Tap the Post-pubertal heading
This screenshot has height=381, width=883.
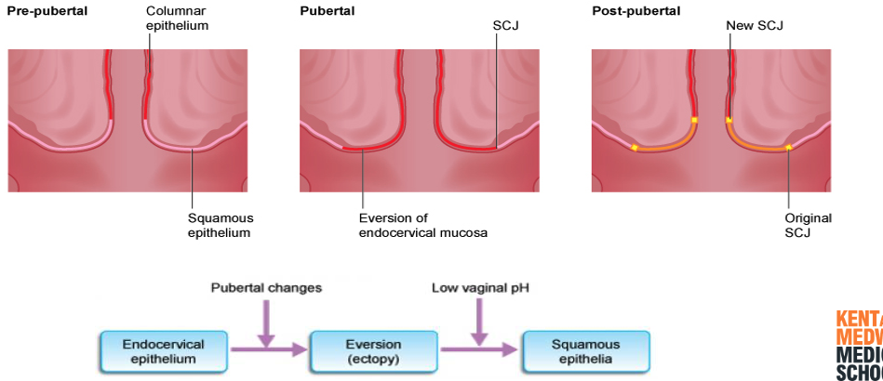(635, 10)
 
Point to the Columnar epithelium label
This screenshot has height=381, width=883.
(177, 19)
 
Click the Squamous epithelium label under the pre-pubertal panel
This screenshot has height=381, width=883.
(220, 225)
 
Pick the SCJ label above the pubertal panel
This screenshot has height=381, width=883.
(505, 25)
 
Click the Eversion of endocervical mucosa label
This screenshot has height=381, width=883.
(422, 225)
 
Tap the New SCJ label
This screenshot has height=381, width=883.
(755, 25)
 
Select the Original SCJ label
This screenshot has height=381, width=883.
(808, 225)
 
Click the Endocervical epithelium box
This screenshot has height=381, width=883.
(163, 350)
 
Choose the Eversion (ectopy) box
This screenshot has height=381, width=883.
(372, 350)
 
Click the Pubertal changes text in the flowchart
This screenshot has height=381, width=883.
(266, 288)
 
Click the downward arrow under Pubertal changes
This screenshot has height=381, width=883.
(266, 325)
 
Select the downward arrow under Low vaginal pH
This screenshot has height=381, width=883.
(480, 325)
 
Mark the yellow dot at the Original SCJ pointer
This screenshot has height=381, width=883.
(788, 147)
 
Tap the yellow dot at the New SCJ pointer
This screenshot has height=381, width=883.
(729, 120)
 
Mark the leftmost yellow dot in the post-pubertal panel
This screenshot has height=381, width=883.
(635, 148)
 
